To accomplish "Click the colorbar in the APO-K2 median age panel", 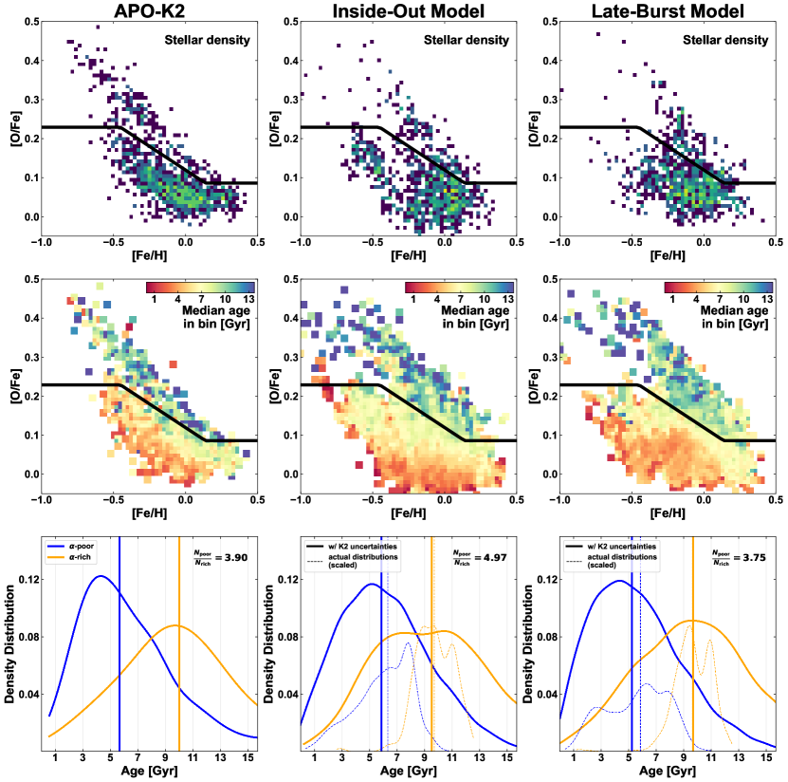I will (200, 288).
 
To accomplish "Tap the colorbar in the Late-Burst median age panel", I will (719, 288).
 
